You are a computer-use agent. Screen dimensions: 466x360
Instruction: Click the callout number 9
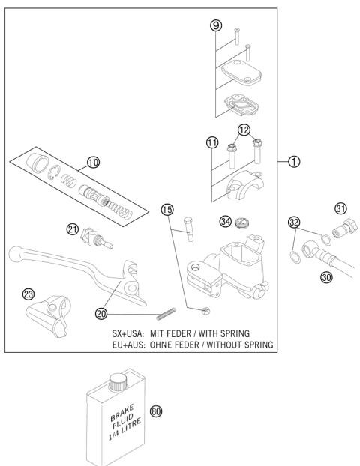tap(215, 25)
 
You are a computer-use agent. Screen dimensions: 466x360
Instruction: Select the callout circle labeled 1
tap(296, 160)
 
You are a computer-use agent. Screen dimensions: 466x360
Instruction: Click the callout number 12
tap(244, 131)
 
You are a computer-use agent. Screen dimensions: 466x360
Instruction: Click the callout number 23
tap(29, 294)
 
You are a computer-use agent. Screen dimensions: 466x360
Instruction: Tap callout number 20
tap(102, 312)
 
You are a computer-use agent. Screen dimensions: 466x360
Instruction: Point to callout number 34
tap(225, 221)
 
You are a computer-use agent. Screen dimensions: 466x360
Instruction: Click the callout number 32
tap(294, 222)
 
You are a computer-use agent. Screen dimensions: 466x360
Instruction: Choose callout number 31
tap(340, 208)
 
